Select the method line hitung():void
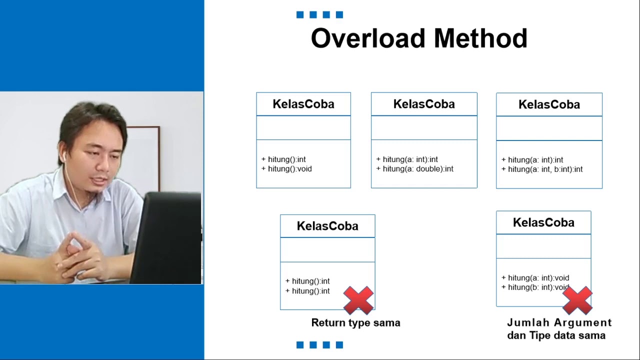click(x=286, y=169)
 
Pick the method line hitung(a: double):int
click(x=414, y=169)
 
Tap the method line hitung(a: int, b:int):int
click(x=542, y=169)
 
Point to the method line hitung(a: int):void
click(x=535, y=278)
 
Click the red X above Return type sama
click(x=358, y=300)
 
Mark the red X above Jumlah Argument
click(x=577, y=300)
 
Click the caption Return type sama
click(x=355, y=323)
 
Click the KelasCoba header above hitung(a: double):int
click(x=424, y=104)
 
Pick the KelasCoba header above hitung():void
click(x=303, y=104)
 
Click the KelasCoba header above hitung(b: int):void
click(x=543, y=222)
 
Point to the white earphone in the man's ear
click(x=65, y=157)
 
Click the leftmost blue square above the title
click(x=300, y=15)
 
